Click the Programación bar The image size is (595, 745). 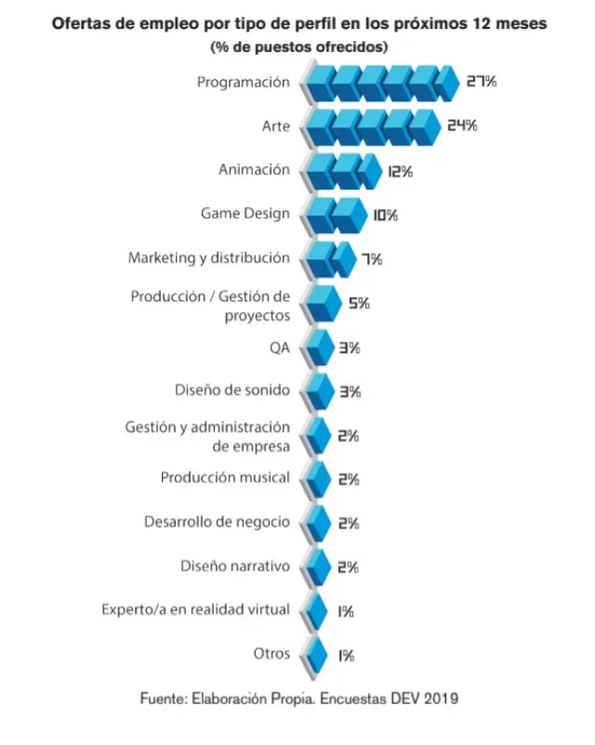381,82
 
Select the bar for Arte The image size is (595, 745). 372,125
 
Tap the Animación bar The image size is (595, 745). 343,170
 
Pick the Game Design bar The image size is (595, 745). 335,215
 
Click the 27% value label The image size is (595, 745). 481,82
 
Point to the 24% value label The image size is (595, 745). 461,125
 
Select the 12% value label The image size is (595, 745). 401,171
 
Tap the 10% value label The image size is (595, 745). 385,215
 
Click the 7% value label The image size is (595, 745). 372,259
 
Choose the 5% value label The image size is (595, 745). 358,303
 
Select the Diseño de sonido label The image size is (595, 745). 232,390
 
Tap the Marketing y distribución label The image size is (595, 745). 209,257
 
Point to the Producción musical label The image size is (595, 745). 225,478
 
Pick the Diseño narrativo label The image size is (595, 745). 235,566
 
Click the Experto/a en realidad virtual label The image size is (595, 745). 196,610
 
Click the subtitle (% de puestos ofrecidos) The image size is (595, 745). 297,46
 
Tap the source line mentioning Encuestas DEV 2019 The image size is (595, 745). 297,697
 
